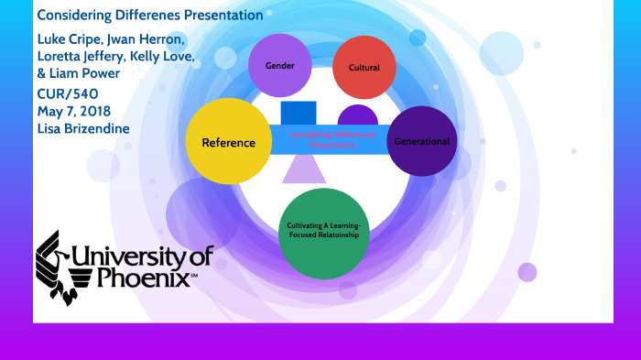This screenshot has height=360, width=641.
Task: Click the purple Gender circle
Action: [280, 67]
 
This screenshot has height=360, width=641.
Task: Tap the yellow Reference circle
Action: [222, 142]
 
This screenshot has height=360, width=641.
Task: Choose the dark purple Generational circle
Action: [421, 142]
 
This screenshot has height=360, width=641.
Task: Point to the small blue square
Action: [298, 114]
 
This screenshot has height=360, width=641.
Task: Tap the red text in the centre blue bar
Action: [320, 140]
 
